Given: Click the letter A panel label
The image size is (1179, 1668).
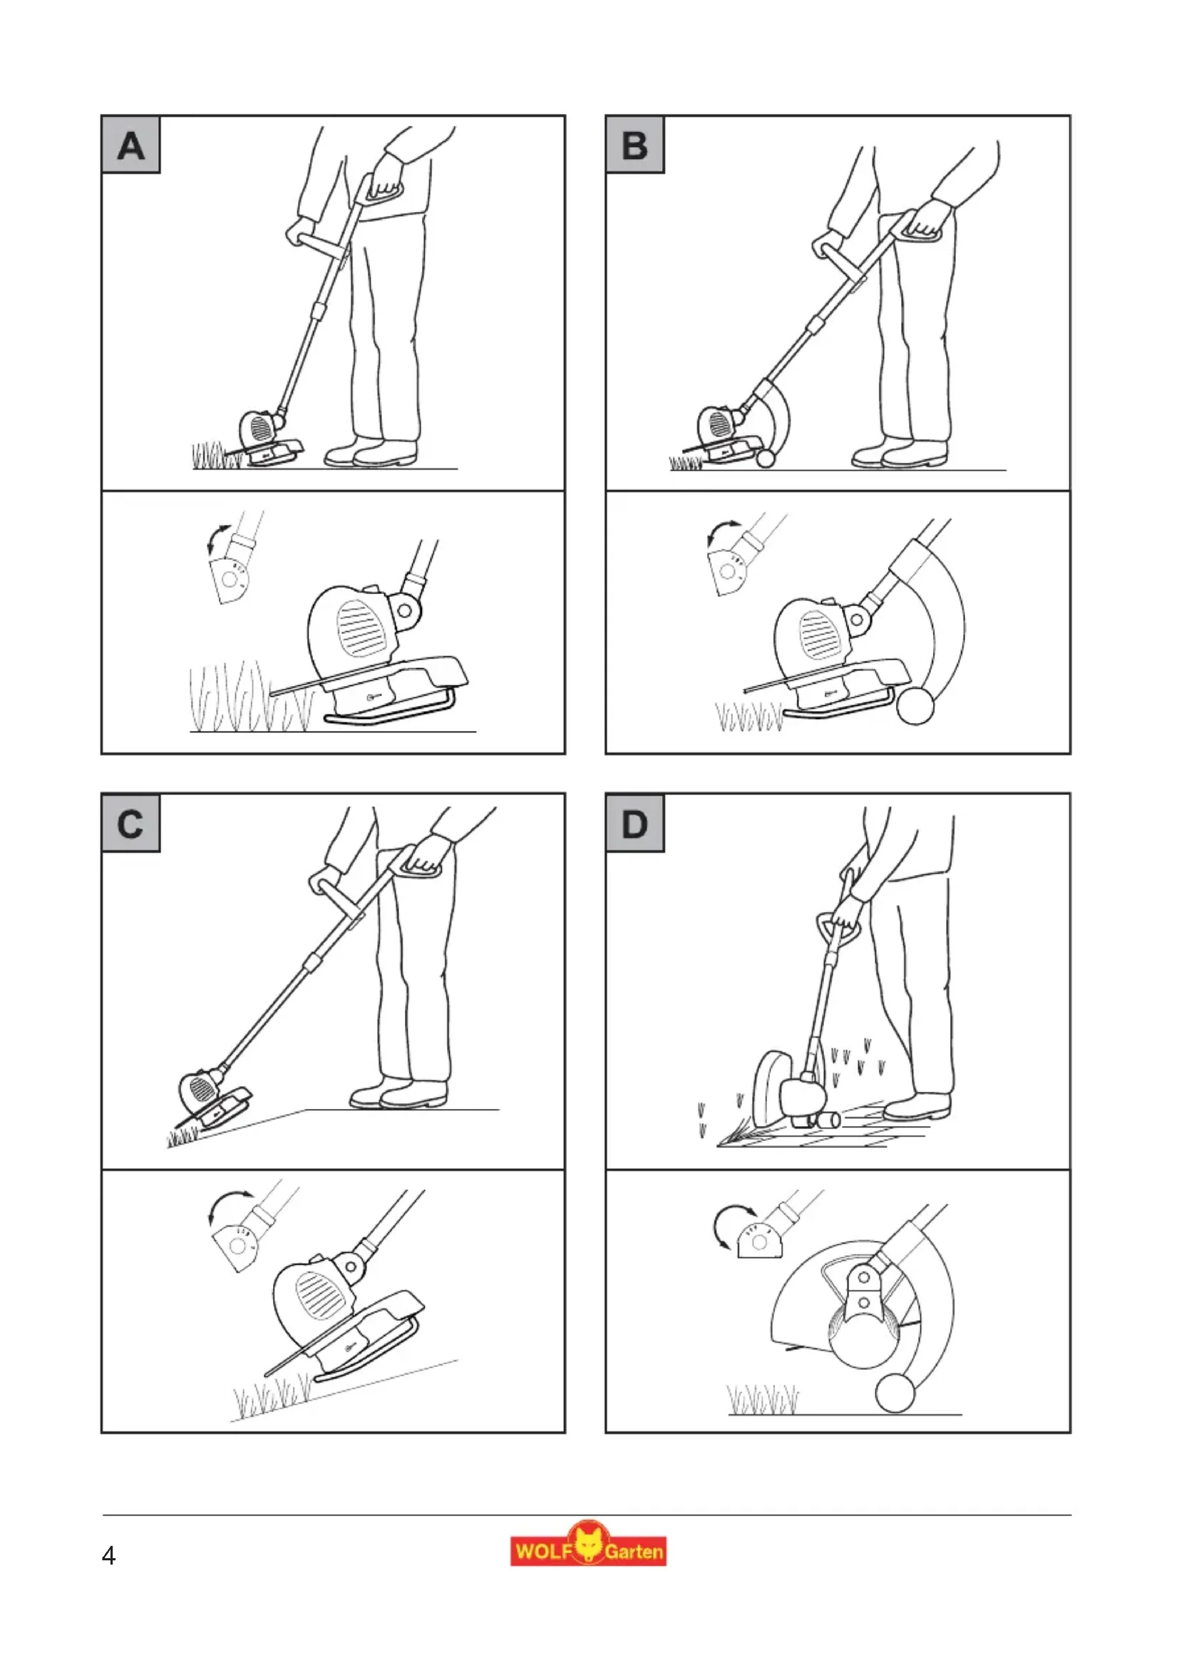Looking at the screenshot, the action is [130, 145].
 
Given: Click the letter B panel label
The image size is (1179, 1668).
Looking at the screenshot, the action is [635, 145].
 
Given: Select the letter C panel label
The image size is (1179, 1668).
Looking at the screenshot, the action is [130, 824].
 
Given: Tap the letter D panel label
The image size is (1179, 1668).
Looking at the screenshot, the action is [635, 824].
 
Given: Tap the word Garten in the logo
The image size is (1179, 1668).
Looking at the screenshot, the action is [634, 1552].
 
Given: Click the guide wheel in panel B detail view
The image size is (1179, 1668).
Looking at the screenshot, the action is [915, 706].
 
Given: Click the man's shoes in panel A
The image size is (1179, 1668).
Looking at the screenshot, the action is [371, 453].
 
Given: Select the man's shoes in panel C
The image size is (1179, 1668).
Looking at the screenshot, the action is [398, 1093].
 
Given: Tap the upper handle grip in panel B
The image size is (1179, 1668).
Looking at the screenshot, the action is [920, 227].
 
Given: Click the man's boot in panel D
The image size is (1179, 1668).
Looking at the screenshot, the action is [917, 1107].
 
